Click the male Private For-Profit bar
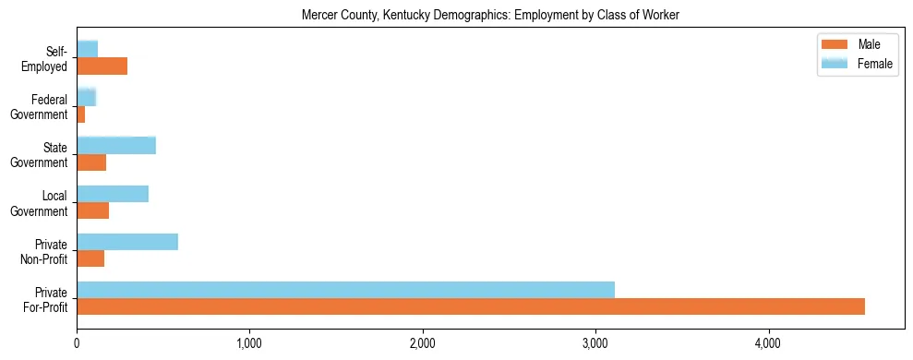point(471,306)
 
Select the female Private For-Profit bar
point(345,289)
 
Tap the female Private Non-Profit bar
point(127,241)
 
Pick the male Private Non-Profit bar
point(90,258)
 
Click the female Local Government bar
point(113,193)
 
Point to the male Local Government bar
point(92,210)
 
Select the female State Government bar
point(116,145)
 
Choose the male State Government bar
point(91,162)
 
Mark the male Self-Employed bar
point(102,66)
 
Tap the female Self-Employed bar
point(88,49)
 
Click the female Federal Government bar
point(87,97)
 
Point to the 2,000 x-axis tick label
point(423,344)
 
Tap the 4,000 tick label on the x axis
point(768,344)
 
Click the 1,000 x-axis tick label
point(249,344)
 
